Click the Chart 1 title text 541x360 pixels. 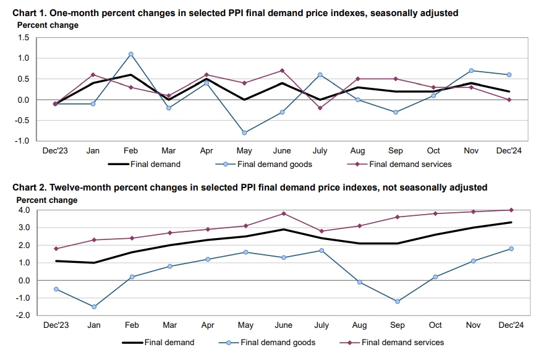(236, 13)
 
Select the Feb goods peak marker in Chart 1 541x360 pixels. (131, 54)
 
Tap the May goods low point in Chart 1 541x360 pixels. (245, 133)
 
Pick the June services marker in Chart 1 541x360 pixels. (283, 71)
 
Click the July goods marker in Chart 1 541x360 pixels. (320, 75)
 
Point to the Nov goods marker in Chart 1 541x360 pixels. (472, 71)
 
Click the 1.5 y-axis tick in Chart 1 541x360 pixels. (23, 38)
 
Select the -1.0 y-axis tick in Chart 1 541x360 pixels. (22, 141)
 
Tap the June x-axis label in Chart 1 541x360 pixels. (283, 151)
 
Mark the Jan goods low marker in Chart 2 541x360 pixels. (93, 307)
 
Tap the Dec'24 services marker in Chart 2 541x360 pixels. (511, 210)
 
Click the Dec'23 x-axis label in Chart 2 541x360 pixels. (55, 325)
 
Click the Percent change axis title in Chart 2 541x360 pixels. (47, 200)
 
